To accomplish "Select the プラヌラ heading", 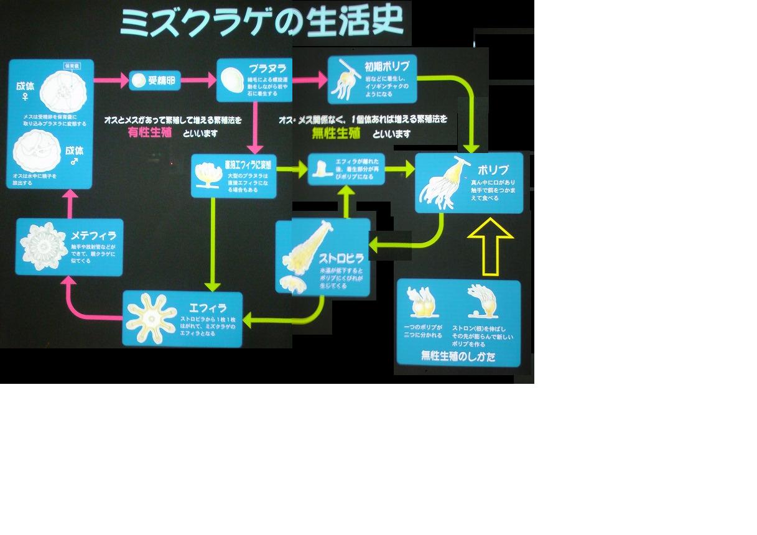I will coord(267,68).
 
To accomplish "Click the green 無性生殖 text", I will coord(337,133).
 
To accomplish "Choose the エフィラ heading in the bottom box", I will coord(207,307).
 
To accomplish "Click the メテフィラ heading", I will coord(93,236).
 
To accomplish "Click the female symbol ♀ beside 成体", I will coord(26,97).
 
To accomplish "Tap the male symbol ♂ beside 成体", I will coord(75,162).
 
